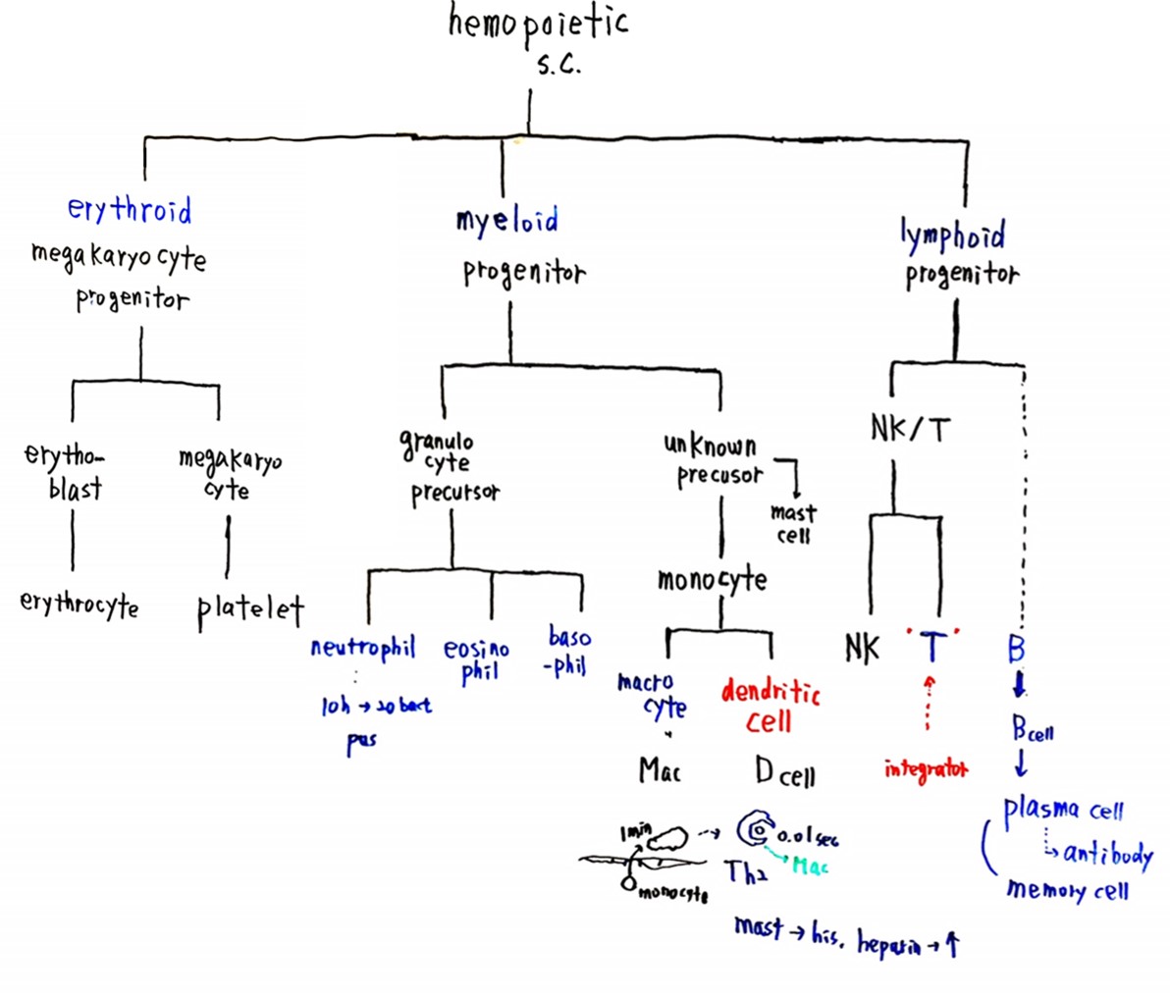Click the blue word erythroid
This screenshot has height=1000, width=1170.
tap(130, 209)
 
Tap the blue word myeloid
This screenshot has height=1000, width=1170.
tap(506, 220)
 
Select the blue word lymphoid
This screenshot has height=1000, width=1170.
tap(952, 236)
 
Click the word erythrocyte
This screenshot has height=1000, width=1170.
tap(80, 604)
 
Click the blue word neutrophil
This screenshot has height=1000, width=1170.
tap(362, 648)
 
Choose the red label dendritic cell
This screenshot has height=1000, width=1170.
tap(771, 707)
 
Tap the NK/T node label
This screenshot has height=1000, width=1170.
tap(910, 429)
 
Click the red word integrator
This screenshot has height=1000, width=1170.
tap(926, 769)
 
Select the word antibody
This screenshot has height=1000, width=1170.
tap(1107, 854)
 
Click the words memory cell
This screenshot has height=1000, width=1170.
tap(1067, 890)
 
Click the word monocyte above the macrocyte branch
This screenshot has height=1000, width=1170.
tap(712, 580)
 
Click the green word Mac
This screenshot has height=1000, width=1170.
tap(810, 867)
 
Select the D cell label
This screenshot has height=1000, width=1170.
tap(784, 773)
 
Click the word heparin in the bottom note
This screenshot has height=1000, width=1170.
tap(889, 944)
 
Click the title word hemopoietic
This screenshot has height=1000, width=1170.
tap(538, 24)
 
